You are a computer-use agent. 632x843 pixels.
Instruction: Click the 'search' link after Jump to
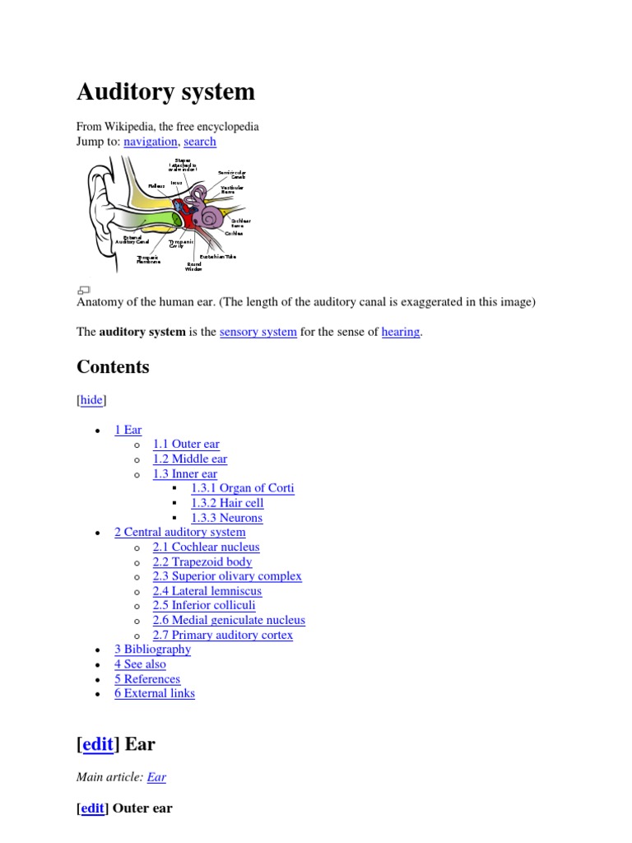click(x=200, y=142)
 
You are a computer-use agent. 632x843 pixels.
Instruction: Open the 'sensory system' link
click(x=258, y=332)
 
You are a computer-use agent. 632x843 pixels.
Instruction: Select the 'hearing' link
click(x=401, y=332)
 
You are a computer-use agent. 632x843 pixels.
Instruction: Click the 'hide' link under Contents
click(x=91, y=400)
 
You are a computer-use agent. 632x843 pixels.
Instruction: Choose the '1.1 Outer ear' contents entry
click(x=186, y=445)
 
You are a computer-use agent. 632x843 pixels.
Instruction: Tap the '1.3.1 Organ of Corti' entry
click(x=242, y=488)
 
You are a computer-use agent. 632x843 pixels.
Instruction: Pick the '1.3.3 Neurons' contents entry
click(x=226, y=518)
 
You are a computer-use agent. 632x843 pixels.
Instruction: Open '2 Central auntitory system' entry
click(x=179, y=533)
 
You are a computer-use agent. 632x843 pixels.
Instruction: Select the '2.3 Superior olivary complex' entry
click(x=227, y=576)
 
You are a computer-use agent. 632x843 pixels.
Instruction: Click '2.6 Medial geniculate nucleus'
click(x=229, y=621)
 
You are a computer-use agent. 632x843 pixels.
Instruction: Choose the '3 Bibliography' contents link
click(x=152, y=650)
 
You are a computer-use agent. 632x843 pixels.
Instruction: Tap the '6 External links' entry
click(x=155, y=694)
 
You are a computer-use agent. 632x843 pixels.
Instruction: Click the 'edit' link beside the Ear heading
click(x=98, y=744)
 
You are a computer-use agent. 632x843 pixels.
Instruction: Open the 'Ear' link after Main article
click(x=156, y=777)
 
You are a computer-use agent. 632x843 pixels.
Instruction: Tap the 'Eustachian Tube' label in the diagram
click(x=217, y=257)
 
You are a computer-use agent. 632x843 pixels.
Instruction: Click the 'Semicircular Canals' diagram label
click(x=231, y=175)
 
